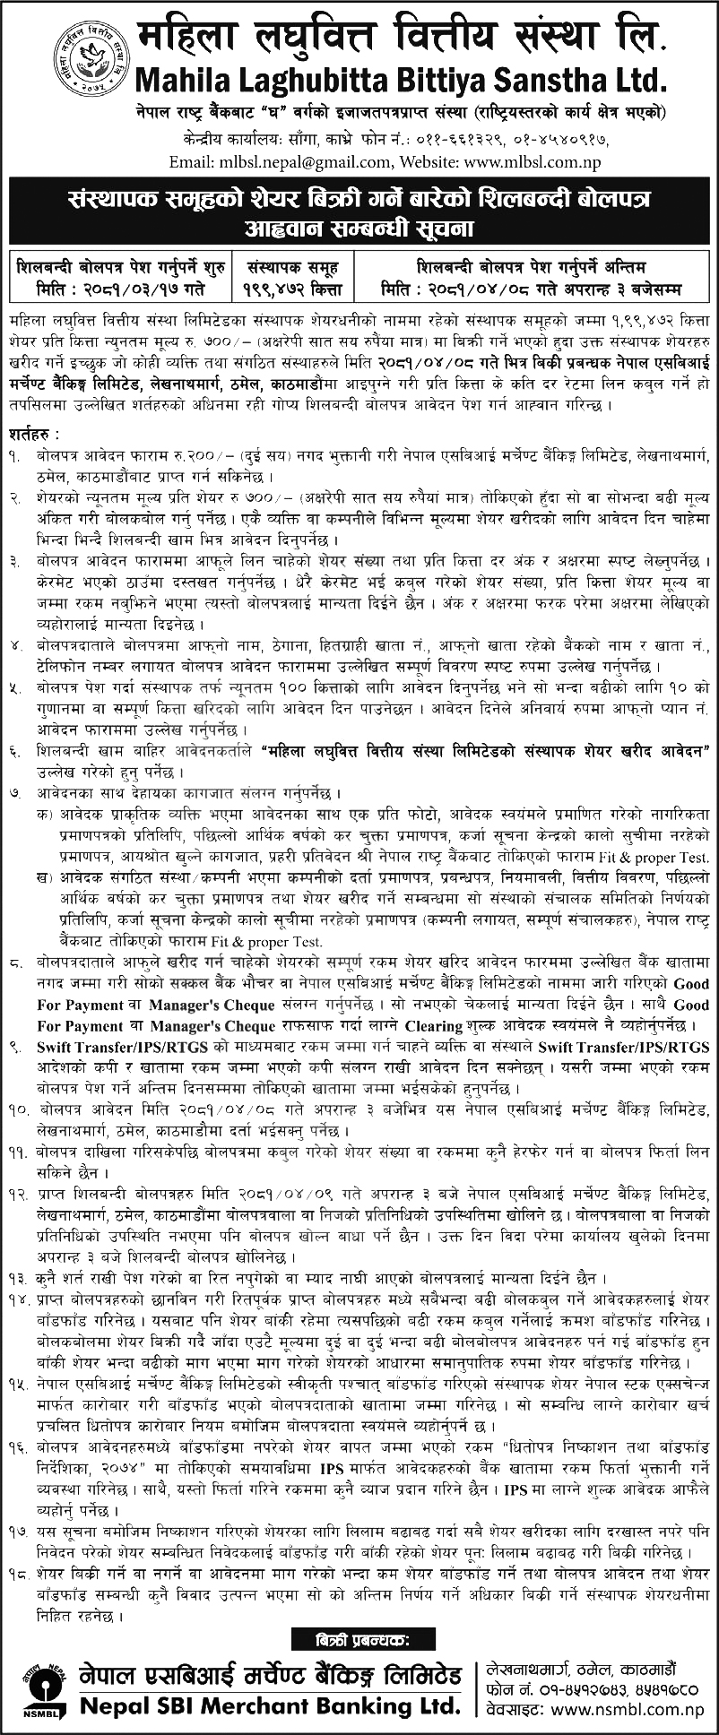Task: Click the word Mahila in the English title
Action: (179, 81)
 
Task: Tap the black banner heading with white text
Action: (359, 212)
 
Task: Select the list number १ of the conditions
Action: (15, 456)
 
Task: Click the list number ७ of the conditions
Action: (15, 794)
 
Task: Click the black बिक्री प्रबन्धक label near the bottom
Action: (359, 1639)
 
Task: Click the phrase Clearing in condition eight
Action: (434, 1026)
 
